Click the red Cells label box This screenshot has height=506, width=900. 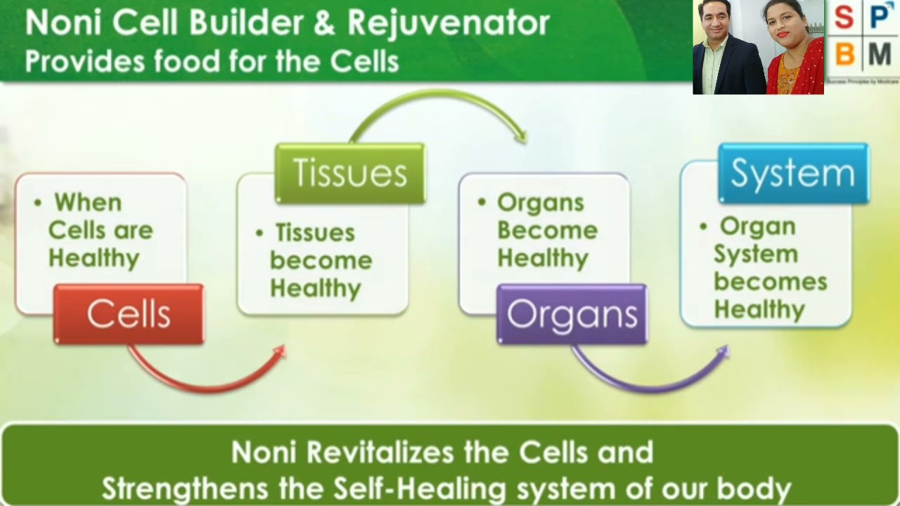point(129,314)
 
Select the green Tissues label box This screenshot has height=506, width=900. point(349,174)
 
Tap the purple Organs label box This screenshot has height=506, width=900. point(572,314)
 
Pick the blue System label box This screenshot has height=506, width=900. point(793,174)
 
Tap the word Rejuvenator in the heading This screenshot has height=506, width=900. point(448,23)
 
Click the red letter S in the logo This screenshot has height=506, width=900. point(844,18)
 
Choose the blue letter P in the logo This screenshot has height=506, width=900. point(880,17)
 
